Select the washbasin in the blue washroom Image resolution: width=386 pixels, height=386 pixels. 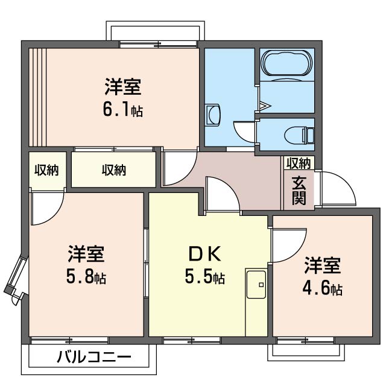click(x=213, y=115)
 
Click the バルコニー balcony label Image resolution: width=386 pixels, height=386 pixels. click(x=93, y=357)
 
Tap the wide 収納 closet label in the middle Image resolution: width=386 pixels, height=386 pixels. click(x=113, y=170)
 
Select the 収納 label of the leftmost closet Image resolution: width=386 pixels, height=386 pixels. click(x=46, y=170)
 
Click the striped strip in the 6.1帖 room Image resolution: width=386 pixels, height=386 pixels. click(x=37, y=96)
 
